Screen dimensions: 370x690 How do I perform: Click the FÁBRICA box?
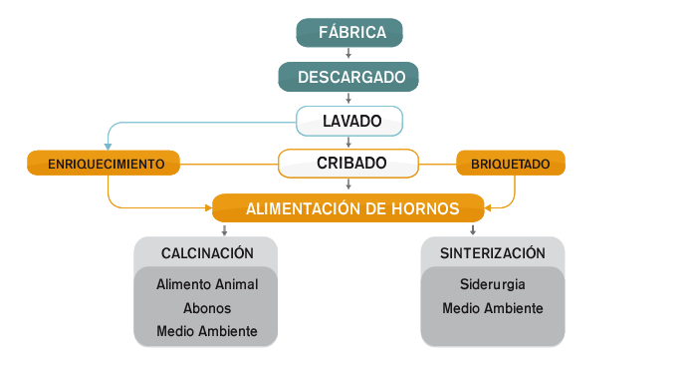[349, 33]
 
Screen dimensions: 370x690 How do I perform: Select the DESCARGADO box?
[348, 77]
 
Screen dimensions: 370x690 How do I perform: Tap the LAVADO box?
[349, 121]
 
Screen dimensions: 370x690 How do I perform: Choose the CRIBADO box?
[349, 163]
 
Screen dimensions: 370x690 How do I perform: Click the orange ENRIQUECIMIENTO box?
[103, 164]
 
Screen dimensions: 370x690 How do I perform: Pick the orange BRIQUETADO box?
[510, 164]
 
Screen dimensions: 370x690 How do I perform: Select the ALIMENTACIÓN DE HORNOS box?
[348, 208]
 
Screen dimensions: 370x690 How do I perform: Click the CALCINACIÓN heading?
[206, 253]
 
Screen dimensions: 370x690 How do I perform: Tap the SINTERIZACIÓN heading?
[493, 253]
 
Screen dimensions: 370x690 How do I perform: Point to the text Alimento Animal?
[206, 284]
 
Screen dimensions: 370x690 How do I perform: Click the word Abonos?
[206, 308]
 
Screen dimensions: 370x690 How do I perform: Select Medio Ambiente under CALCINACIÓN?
[206, 331]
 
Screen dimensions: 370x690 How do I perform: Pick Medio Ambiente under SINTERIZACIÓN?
[493, 308]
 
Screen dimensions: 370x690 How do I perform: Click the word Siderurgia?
[493, 284]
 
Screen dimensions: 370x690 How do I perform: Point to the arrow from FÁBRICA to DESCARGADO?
[348, 54]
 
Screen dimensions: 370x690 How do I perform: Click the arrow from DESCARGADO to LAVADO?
[348, 98]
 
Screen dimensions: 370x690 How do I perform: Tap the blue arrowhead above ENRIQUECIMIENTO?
[108, 146]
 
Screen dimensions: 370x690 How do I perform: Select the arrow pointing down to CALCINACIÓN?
[225, 230]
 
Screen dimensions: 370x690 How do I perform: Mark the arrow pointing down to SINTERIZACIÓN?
[472, 230]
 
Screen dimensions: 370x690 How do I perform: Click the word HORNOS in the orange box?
[424, 209]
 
